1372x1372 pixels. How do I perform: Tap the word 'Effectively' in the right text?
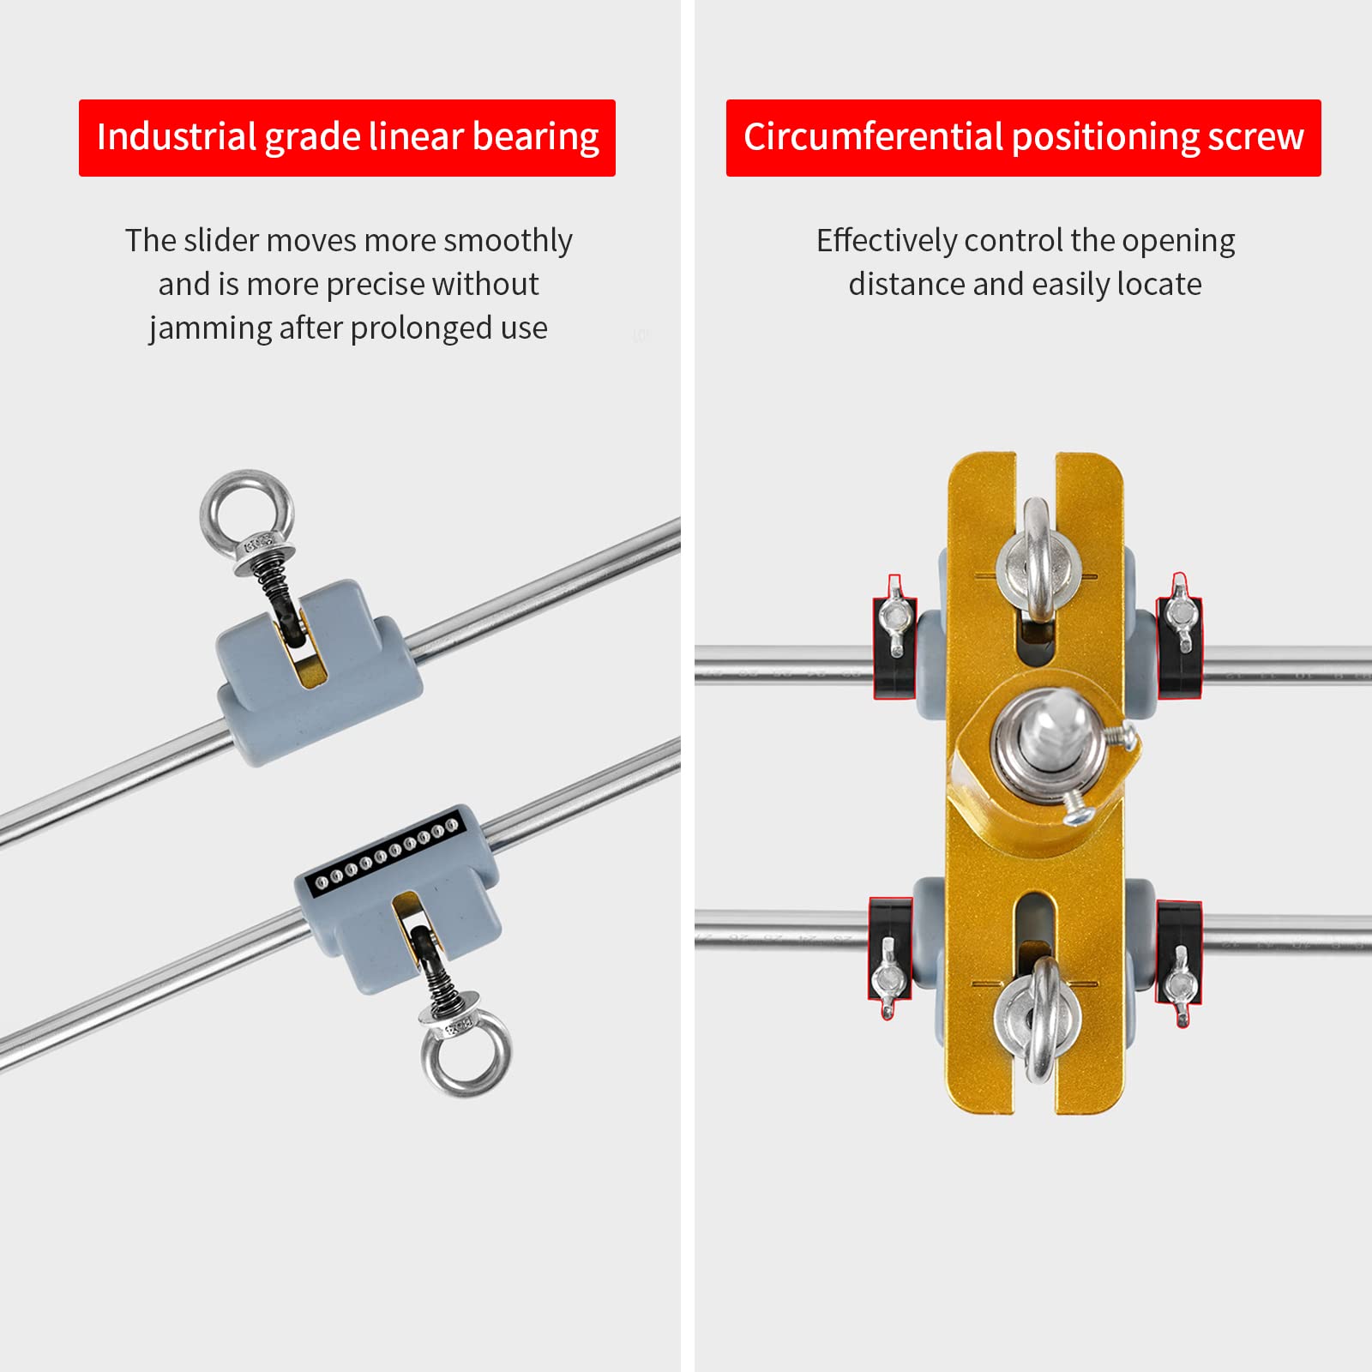886,242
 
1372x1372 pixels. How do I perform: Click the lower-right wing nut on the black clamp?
1180,985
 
